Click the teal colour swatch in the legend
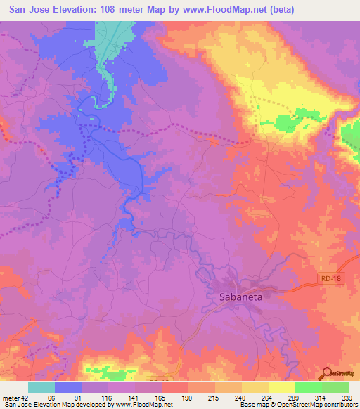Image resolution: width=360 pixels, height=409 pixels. tap(41, 387)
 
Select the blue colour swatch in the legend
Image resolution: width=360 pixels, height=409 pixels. tap(68, 387)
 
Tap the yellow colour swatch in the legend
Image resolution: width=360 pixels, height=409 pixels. tap(281, 387)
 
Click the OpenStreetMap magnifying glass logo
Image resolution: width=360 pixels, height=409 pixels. tap(326, 373)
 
